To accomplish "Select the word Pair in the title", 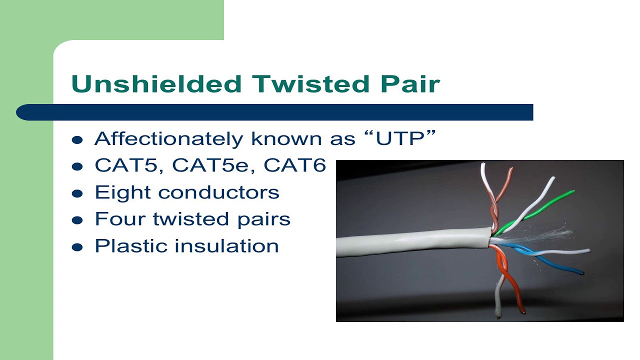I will pyautogui.click(x=410, y=84).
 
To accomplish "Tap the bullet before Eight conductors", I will pyautogui.click(x=77, y=194).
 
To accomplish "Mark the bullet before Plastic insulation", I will pyautogui.click(x=77, y=247).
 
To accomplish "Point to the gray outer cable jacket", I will pyautogui.click(x=410, y=242).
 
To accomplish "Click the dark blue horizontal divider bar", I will pyautogui.click(x=275, y=112).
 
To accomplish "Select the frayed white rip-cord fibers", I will pyautogui.click(x=550, y=235).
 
